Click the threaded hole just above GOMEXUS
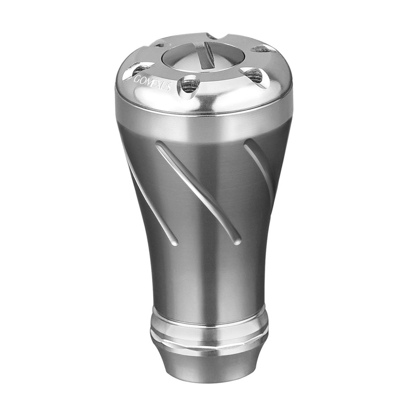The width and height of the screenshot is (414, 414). [x=142, y=69]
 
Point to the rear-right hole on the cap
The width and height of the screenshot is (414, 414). [x=261, y=49]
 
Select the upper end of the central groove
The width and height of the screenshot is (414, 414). [x=159, y=145]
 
